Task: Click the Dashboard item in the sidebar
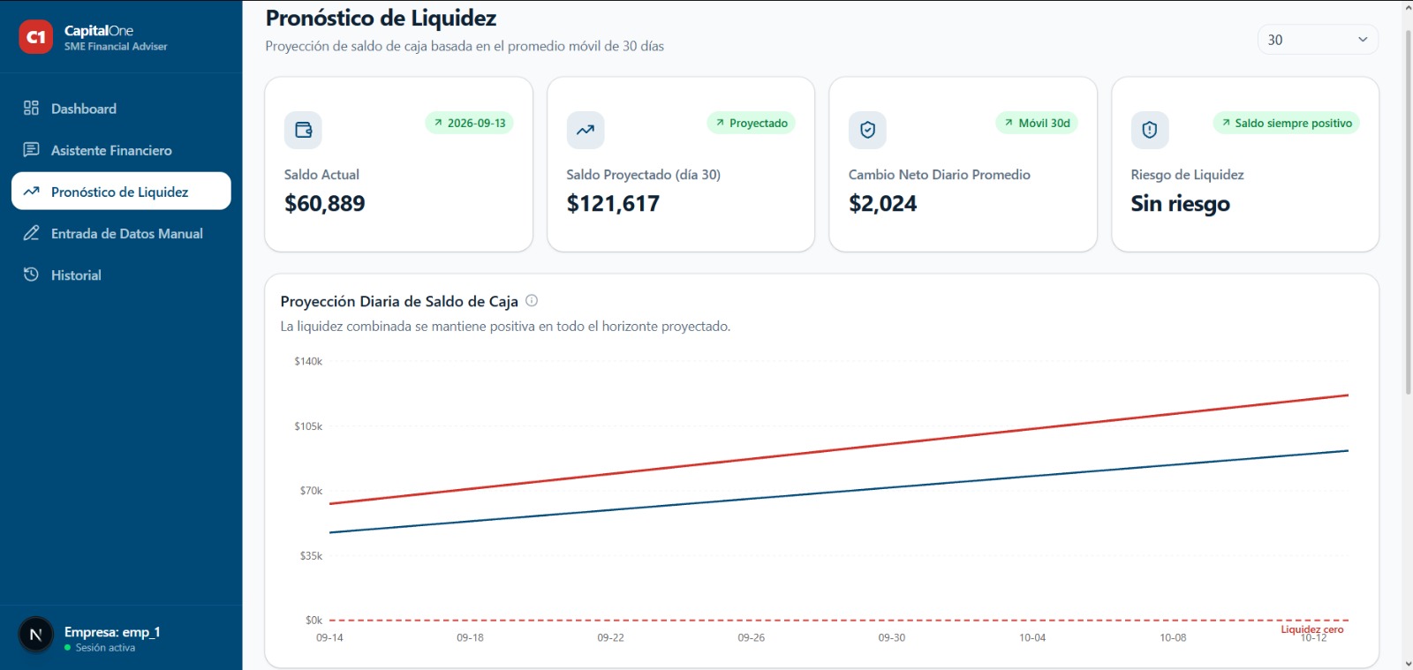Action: (83, 109)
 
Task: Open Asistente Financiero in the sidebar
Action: (111, 150)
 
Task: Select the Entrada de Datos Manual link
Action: (126, 233)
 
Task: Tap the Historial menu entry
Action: (76, 275)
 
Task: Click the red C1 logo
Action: (35, 37)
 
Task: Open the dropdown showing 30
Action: (1317, 40)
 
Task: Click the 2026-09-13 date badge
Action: (469, 123)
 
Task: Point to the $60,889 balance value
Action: (324, 204)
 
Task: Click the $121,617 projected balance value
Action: (613, 204)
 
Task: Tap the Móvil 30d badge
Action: (1037, 123)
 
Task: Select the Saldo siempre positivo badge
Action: (1286, 123)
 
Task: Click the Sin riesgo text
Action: (1180, 204)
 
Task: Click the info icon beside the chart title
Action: (532, 301)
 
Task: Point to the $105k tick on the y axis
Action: (308, 426)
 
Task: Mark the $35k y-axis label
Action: (311, 556)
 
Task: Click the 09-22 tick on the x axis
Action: (610, 637)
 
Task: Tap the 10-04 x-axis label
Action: (1032, 637)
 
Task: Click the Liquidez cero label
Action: (1312, 629)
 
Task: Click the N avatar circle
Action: (36, 635)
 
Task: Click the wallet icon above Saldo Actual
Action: (303, 130)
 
